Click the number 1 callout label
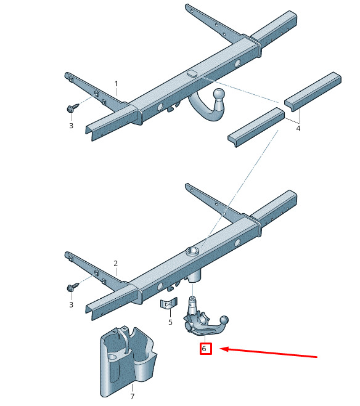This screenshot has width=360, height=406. (117, 84)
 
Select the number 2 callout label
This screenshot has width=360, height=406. (115, 263)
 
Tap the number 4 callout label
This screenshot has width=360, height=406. (298, 128)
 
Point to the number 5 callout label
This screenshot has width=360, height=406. (170, 322)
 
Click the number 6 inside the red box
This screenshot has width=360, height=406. (204, 349)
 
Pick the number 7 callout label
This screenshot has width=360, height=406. (133, 396)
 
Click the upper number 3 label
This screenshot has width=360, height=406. (72, 126)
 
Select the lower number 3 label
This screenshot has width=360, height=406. (72, 305)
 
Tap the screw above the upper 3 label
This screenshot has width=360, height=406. (73, 108)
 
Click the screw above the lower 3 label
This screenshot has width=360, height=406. (73, 287)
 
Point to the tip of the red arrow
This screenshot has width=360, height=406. (220, 349)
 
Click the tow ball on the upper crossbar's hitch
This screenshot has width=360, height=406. (219, 94)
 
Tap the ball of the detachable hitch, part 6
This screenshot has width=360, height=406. (224, 320)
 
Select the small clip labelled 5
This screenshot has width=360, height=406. (168, 303)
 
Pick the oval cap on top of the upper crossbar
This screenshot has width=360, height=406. (192, 73)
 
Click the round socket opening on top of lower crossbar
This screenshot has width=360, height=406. (192, 251)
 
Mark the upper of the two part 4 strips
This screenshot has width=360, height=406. (313, 92)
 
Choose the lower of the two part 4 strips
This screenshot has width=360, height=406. (256, 128)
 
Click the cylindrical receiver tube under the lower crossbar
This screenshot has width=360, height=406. (194, 276)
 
